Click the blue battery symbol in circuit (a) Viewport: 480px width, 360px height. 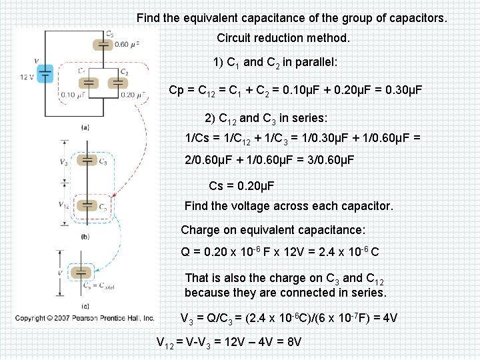pos(45,73)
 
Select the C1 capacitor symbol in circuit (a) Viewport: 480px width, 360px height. pos(88,83)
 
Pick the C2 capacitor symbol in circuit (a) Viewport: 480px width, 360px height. pos(117,83)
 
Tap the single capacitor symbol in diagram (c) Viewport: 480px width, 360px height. pos(81,272)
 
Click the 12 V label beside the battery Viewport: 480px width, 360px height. pos(27,77)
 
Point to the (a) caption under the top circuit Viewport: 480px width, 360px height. pos(85,127)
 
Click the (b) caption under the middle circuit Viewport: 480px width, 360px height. pos(85,237)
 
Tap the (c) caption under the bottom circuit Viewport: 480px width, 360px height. pos(85,306)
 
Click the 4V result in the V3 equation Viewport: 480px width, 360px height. pos(388,318)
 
